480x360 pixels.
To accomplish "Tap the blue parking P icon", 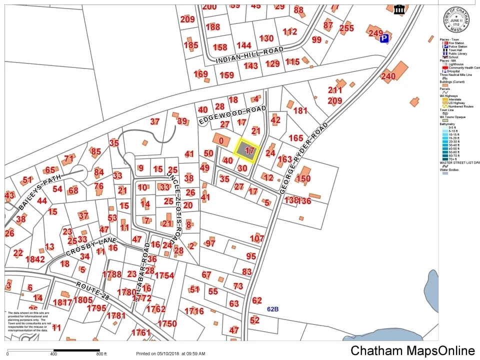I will pyautogui.click(x=384, y=38).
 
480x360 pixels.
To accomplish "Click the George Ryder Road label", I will pyautogui.click(x=303, y=157).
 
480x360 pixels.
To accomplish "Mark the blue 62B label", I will pyautogui.click(x=273, y=309).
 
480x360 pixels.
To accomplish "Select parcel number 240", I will pyautogui.click(x=388, y=76).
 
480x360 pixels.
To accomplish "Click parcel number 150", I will pyautogui.click(x=303, y=178).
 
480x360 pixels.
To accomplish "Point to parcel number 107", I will pyautogui.click(x=257, y=238).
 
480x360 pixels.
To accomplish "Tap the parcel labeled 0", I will pyautogui.click(x=220, y=141).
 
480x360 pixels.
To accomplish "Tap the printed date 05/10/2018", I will pyautogui.click(x=166, y=353).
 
